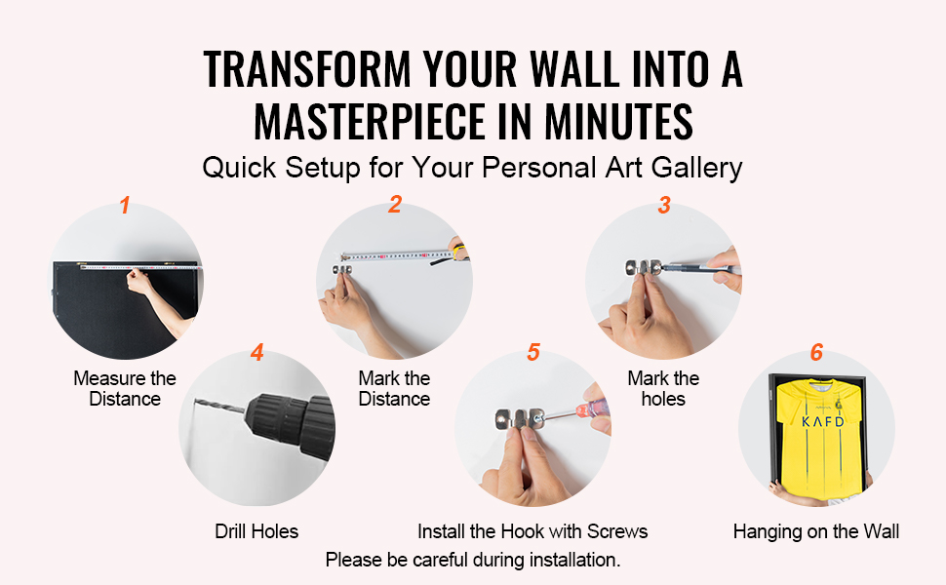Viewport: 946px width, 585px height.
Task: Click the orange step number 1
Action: [x=125, y=205]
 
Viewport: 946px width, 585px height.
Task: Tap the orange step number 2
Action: [x=395, y=204]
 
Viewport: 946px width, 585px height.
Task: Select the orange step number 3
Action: [x=664, y=205]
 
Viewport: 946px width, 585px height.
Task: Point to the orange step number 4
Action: [x=257, y=352]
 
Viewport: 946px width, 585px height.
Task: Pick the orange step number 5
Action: [x=533, y=352]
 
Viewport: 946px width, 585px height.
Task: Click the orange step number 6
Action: [x=816, y=352]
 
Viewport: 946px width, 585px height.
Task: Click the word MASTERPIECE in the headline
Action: [x=370, y=121]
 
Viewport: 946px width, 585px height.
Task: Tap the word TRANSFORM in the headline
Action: [x=307, y=69]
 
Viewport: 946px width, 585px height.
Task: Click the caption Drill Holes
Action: [x=256, y=531]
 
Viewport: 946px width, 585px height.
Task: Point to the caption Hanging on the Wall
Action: [x=815, y=531]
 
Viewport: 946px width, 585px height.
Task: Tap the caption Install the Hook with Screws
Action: [x=532, y=531]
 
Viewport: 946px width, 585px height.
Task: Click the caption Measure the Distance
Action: [x=125, y=388]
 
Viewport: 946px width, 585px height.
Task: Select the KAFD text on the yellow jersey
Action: [x=822, y=421]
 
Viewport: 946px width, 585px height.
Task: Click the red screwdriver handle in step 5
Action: [x=593, y=408]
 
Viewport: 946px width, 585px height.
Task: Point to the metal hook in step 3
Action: [x=643, y=268]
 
